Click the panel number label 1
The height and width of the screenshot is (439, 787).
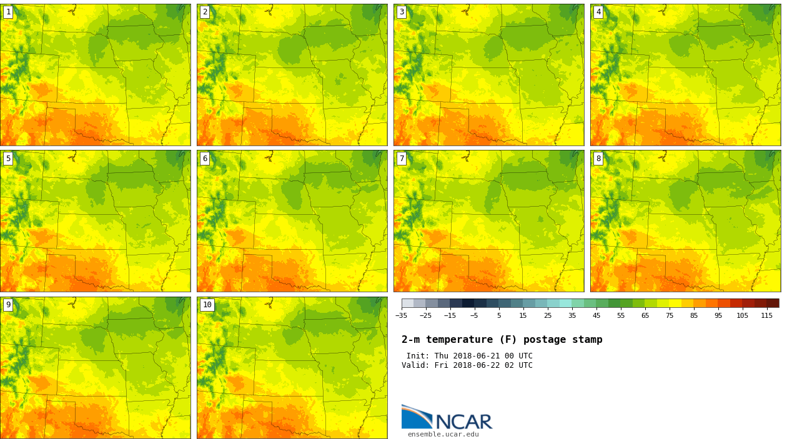(x=8, y=12)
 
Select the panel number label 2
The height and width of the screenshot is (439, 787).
(x=205, y=12)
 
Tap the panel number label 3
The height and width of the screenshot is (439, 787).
(x=402, y=12)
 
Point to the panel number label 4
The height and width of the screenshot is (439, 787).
(x=598, y=12)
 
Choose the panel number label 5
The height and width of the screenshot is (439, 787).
(x=8, y=159)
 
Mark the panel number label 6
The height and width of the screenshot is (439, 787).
(x=205, y=159)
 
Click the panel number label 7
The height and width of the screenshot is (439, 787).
(x=402, y=159)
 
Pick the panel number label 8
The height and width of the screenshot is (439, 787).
(x=598, y=159)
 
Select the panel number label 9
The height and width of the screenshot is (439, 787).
(x=8, y=305)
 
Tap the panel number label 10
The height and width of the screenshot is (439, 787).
(x=207, y=305)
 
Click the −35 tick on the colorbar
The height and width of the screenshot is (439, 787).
(x=402, y=315)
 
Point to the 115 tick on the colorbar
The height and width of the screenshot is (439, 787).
(x=766, y=315)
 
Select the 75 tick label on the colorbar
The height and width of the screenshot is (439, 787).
(x=670, y=315)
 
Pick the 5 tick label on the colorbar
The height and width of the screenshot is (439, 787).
(x=499, y=315)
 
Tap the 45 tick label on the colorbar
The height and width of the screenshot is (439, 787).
(x=596, y=315)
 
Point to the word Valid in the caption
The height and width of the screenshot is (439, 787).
(x=414, y=365)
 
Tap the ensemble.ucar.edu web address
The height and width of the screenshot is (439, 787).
(x=443, y=435)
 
